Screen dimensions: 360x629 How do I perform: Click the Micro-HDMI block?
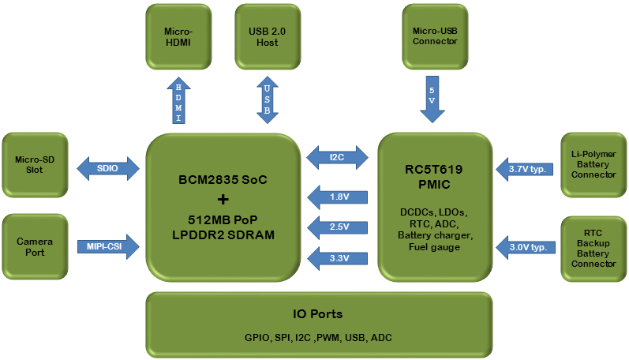coord(178,36)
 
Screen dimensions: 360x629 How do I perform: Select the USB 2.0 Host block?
coord(267,36)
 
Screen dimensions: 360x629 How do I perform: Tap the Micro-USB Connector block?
coord(434,36)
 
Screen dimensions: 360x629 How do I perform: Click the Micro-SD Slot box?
coord(35,165)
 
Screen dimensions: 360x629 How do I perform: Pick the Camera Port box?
coord(35,247)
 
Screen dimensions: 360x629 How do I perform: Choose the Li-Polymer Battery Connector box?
coord(593,163)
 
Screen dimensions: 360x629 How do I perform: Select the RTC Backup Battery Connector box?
coord(593,248)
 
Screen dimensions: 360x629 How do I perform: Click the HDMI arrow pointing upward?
coord(178,100)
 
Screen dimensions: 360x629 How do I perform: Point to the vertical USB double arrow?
coord(267,100)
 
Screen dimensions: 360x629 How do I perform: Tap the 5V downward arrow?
coord(432,99)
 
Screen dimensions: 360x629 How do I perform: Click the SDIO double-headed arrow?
coord(108,167)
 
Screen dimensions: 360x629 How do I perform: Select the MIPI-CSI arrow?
coord(109,247)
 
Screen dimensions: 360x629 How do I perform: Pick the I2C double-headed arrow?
coord(338,156)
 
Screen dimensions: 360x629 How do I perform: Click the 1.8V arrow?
coord(338,197)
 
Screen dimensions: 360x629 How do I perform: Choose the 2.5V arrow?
coord(338,227)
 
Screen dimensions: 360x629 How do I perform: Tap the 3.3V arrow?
coord(338,258)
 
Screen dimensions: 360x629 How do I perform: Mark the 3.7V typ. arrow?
coord(526,168)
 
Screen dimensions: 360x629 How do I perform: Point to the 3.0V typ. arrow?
coord(526,248)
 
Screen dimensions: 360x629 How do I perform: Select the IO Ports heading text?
coord(319,313)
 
